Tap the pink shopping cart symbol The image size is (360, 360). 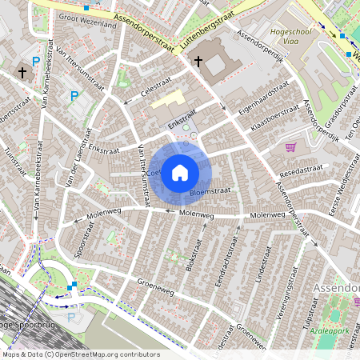pyautogui.click(x=290, y=147)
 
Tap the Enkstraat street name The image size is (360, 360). pyautogui.click(x=103, y=148)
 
